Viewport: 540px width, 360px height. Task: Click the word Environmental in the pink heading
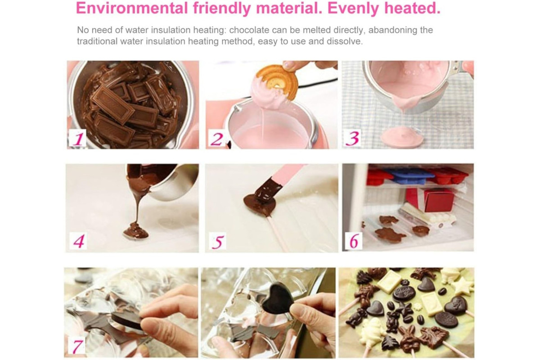[x=132, y=8]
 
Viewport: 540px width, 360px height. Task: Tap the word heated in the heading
[x=412, y=8]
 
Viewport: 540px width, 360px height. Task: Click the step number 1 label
[x=77, y=139]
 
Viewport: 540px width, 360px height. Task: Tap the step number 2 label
[x=216, y=139]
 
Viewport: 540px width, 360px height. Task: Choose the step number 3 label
[x=352, y=139]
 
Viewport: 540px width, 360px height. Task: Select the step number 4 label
[x=79, y=241]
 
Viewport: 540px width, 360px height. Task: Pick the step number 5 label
[x=218, y=241]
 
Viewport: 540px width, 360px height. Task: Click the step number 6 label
[x=354, y=241]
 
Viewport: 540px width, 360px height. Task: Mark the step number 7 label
[x=77, y=346]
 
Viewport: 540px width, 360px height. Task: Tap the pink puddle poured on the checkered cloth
[x=402, y=139]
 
